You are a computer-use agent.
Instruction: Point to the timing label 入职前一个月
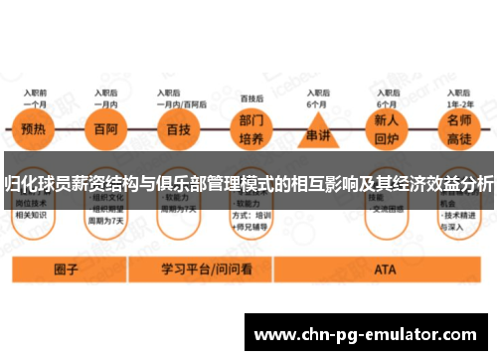pyautogui.click(x=35, y=97)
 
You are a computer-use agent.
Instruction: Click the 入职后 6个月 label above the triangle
pyautogui.click(x=318, y=97)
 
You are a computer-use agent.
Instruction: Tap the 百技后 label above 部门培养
pyautogui.click(x=252, y=98)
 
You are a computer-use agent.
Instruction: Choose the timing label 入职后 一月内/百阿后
pyautogui.click(x=182, y=97)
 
